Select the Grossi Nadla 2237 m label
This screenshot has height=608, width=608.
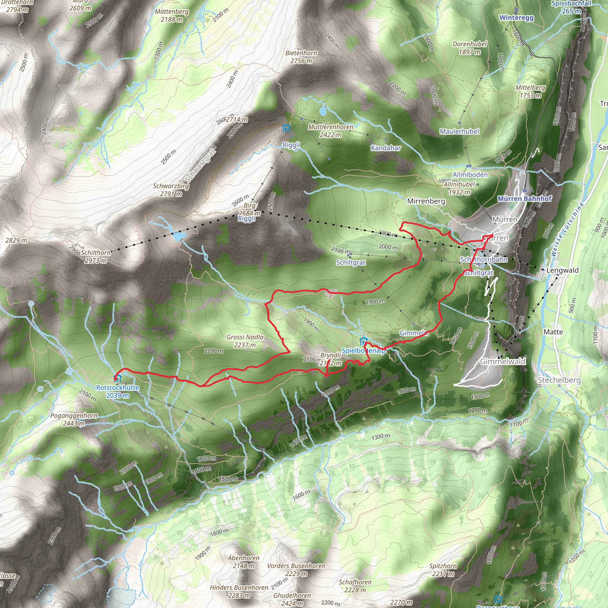point(245,341)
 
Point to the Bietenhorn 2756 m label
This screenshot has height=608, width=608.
point(301,57)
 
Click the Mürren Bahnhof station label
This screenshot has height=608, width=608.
point(525,199)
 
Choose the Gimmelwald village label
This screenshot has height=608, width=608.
point(503,361)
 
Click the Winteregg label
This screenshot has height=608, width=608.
point(517,18)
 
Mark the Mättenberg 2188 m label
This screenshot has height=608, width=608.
point(172,15)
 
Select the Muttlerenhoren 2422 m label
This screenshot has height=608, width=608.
point(330,131)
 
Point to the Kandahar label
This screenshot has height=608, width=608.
point(386,148)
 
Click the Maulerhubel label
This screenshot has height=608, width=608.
point(460,131)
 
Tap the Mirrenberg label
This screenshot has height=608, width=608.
point(426,201)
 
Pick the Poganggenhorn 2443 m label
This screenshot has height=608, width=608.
point(74,419)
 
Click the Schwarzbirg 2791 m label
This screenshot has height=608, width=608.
point(171,190)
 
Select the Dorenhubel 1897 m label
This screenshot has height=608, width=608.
point(470,48)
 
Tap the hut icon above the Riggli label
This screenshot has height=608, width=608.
point(286,128)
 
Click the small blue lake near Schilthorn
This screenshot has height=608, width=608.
point(179,236)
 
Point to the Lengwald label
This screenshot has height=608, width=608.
point(562,270)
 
